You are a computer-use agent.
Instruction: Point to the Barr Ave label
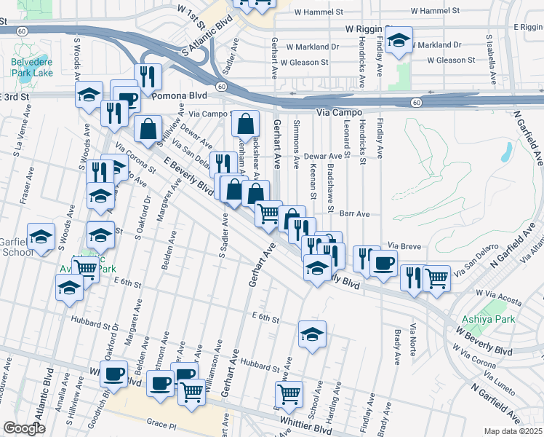click(x=355, y=214)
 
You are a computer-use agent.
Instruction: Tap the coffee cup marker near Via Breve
click(x=383, y=263)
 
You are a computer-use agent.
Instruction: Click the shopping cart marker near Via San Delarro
click(x=436, y=277)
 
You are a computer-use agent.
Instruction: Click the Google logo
click(x=25, y=428)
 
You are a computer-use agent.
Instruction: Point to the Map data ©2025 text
click(x=513, y=431)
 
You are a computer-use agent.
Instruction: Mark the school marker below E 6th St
click(x=313, y=334)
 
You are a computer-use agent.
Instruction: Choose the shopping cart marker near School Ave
click(x=289, y=395)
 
